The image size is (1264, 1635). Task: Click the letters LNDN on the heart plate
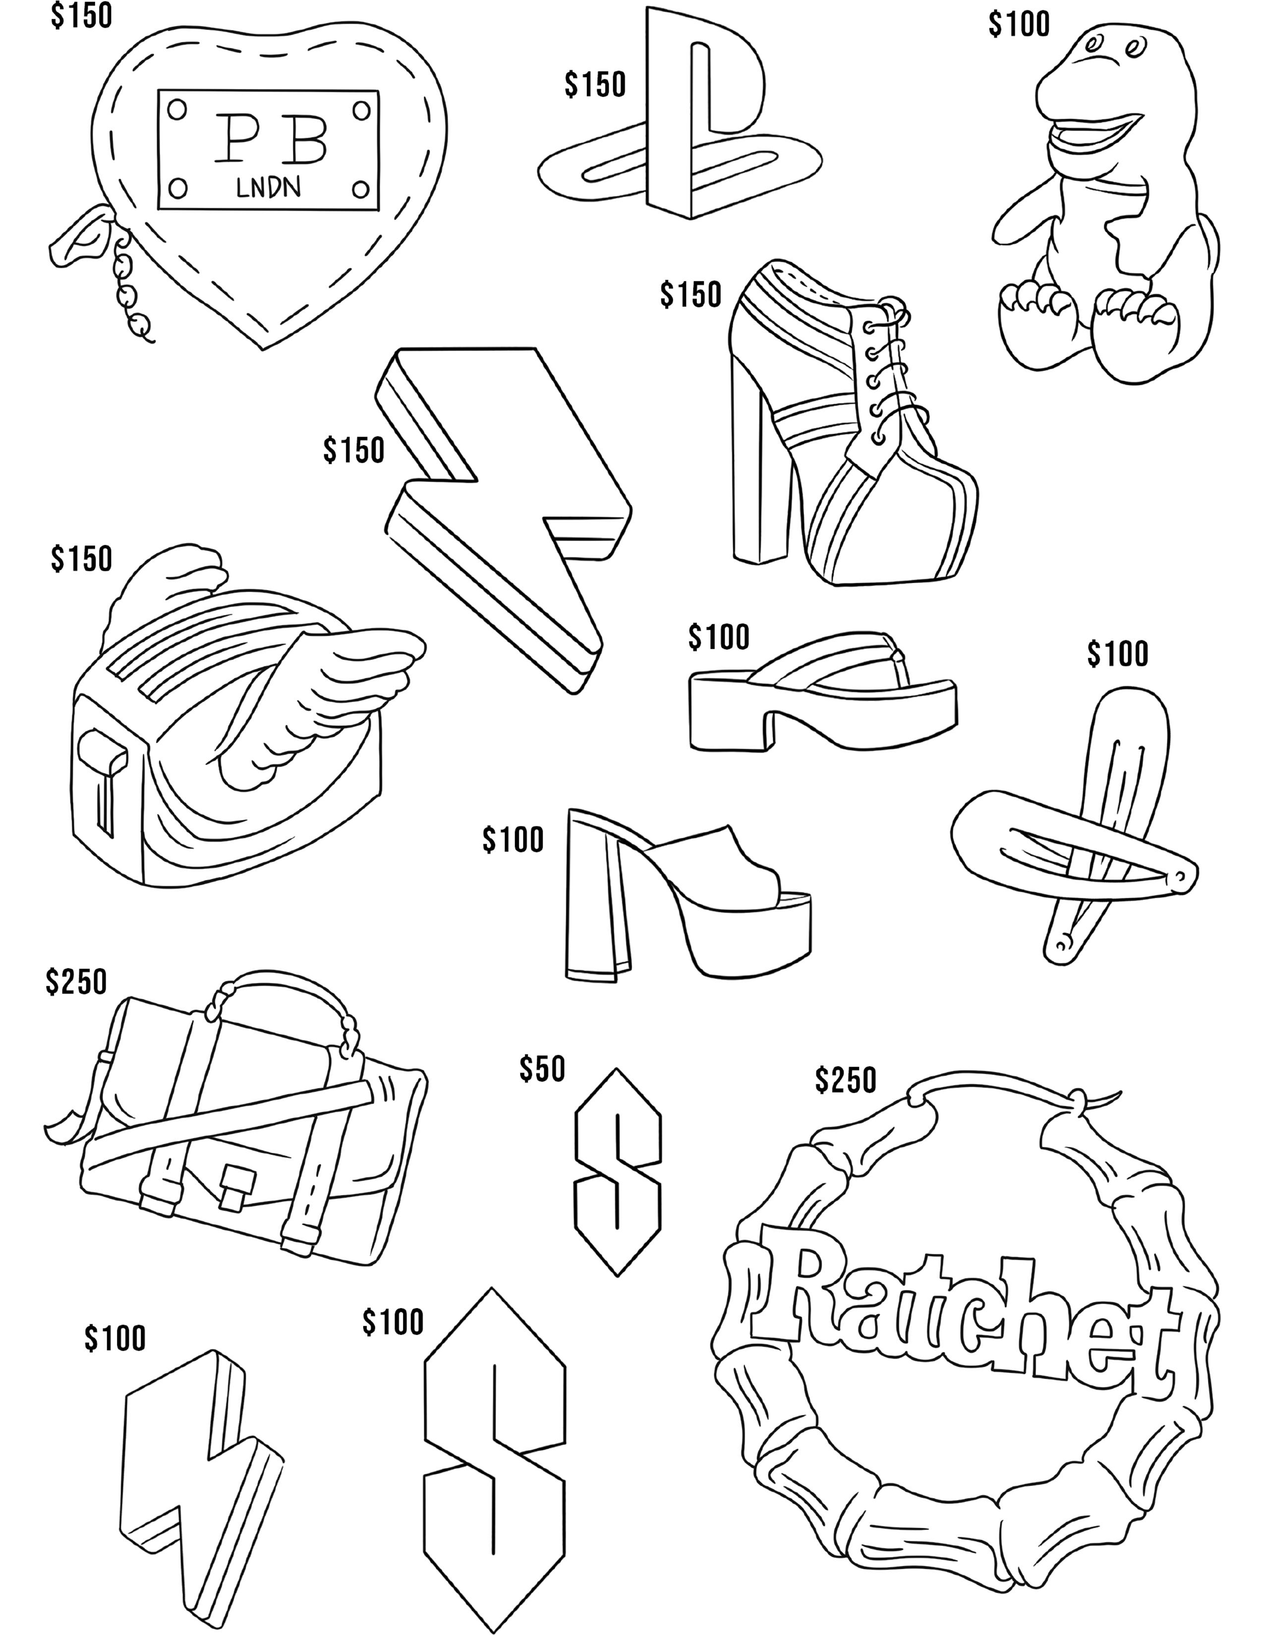point(268,187)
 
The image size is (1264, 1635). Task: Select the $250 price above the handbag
point(76,981)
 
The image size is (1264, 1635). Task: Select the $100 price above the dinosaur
point(1019,25)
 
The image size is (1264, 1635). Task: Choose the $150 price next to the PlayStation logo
point(595,85)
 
